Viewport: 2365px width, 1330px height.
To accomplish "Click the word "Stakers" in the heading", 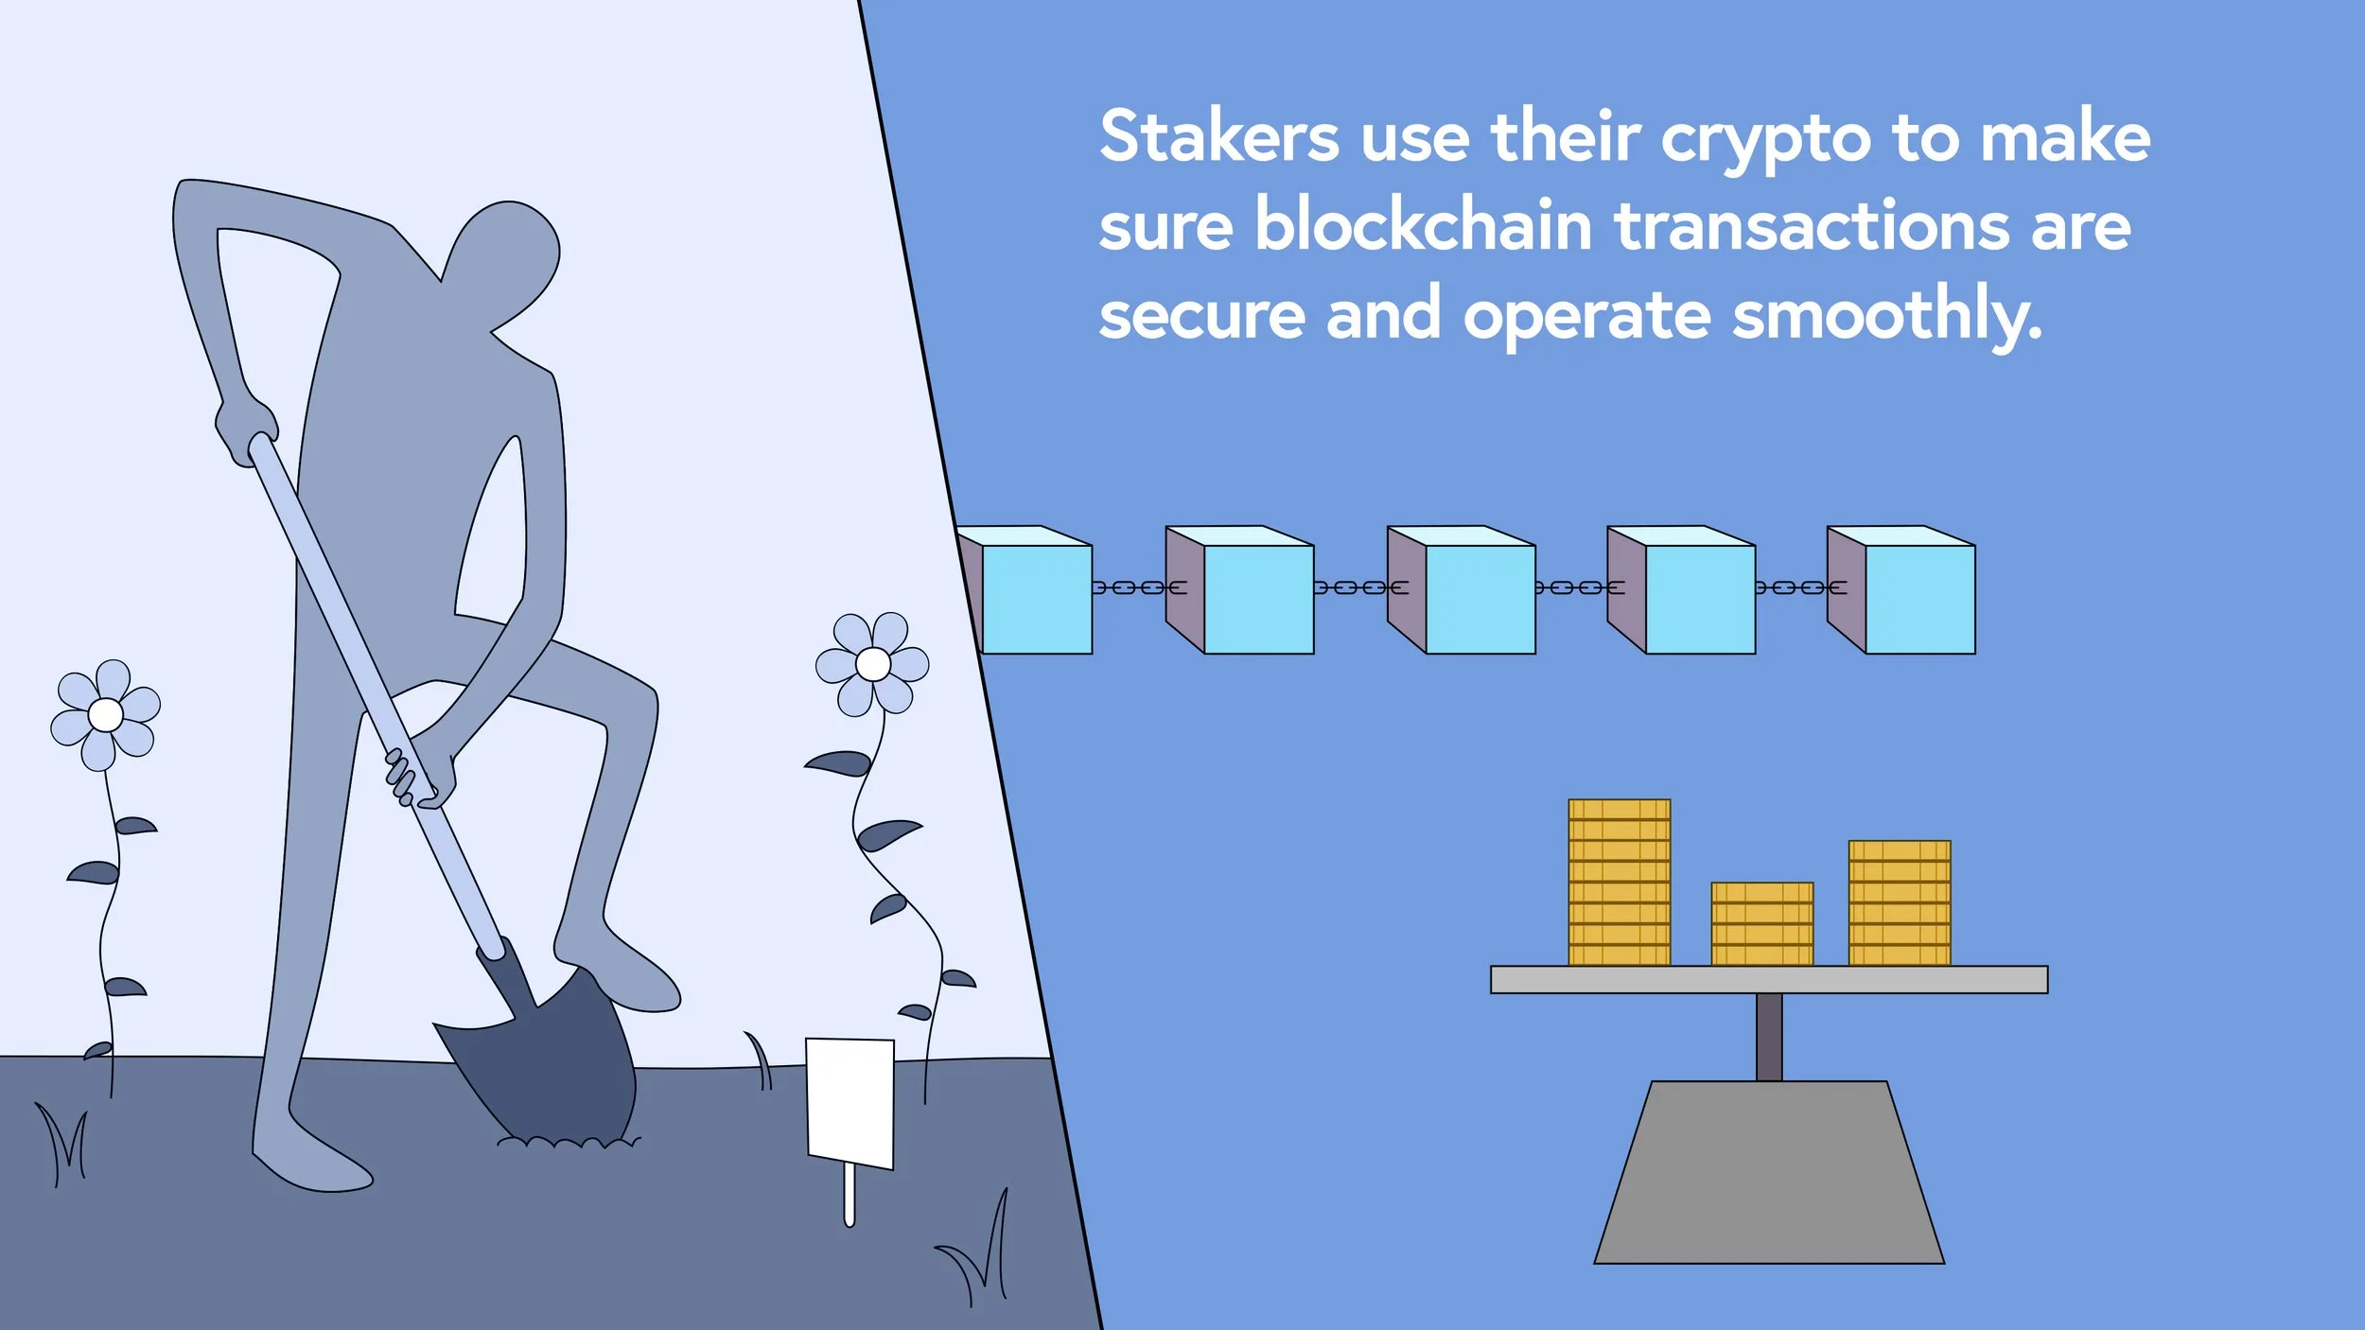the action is (1218, 137).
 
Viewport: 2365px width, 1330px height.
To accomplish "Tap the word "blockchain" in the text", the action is (1424, 227).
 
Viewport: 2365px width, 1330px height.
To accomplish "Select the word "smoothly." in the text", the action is (1886, 315).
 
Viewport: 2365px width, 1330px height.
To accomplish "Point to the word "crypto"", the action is (1765, 140).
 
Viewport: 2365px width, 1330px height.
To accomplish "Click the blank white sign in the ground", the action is (850, 1102).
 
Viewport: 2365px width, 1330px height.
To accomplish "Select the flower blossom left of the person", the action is (105, 714).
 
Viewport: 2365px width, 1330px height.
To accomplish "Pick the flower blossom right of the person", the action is (872, 664).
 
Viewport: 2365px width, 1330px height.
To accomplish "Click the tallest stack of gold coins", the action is (1619, 882).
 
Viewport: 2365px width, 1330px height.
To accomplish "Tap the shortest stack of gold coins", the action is (1762, 923).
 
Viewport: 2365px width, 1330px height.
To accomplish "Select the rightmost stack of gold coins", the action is (1900, 902).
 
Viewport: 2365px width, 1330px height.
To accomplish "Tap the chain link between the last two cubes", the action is (1799, 587).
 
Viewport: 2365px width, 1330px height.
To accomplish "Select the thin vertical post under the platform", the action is (1769, 1037).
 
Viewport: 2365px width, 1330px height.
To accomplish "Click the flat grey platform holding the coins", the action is (1769, 979).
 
